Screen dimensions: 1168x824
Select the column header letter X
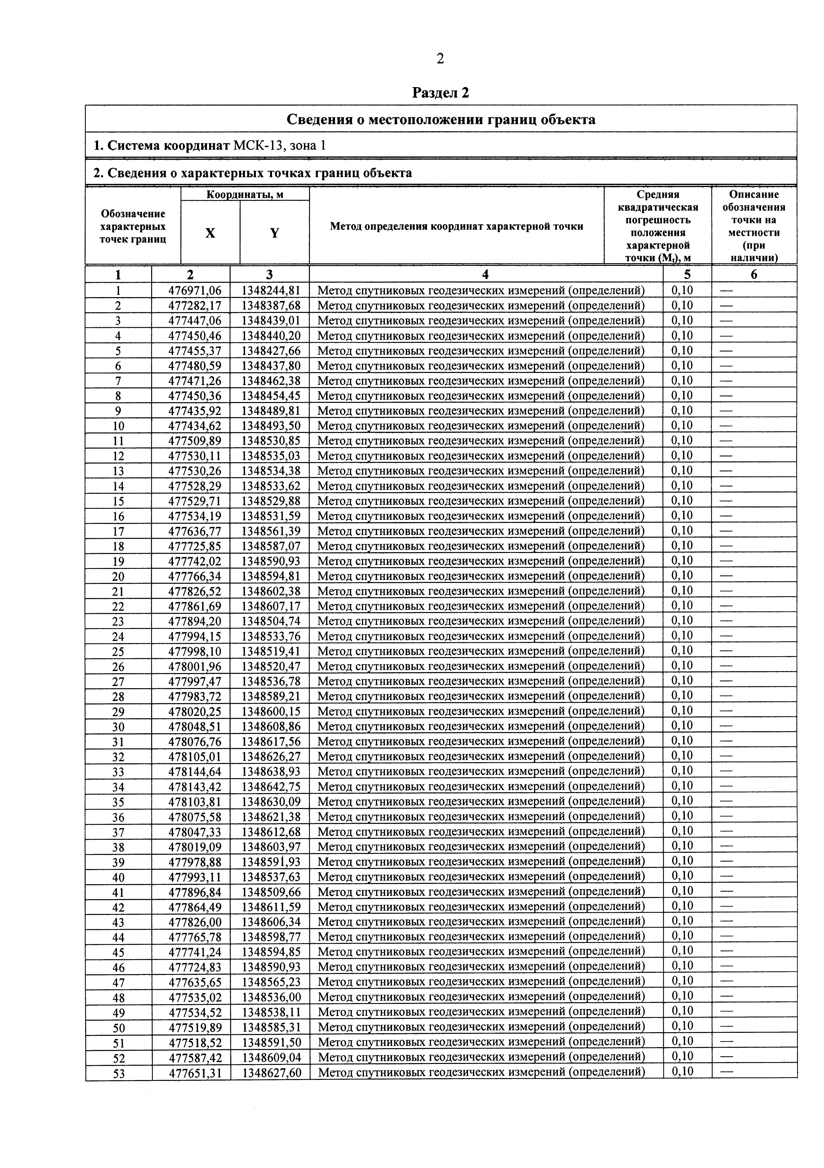[210, 233]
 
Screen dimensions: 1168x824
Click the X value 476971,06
[191, 290]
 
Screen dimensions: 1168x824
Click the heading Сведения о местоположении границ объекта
[440, 120]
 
